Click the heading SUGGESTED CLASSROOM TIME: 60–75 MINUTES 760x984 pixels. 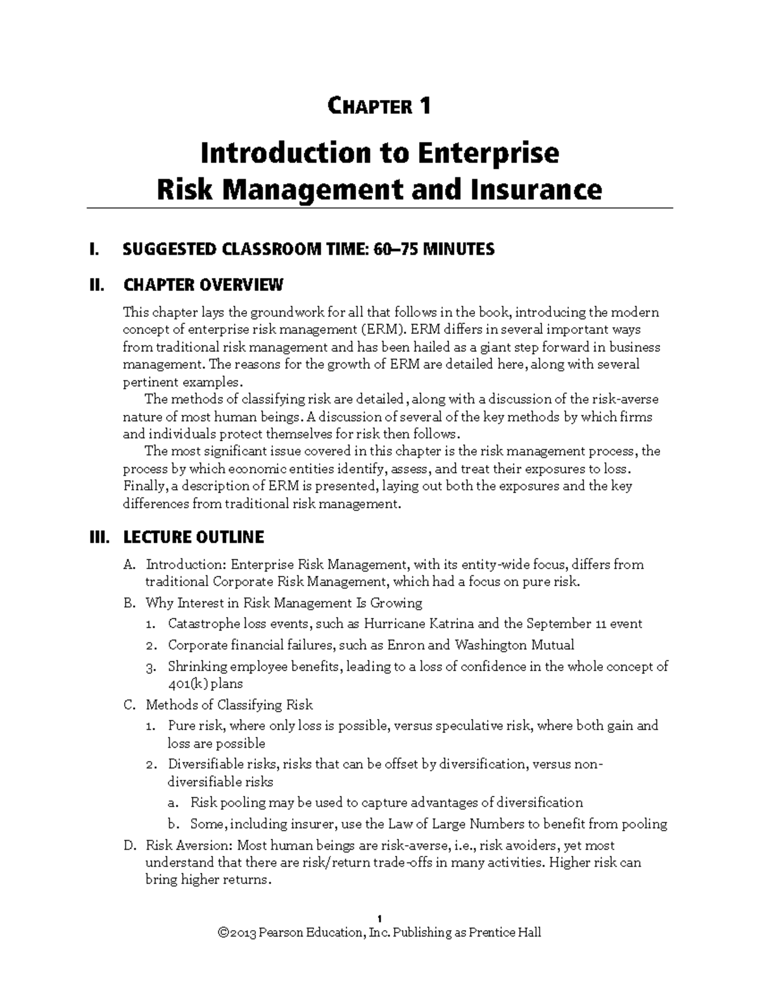point(308,249)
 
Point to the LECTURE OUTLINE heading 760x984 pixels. point(193,537)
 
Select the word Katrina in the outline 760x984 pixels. point(452,623)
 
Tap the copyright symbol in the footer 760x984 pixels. point(222,933)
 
